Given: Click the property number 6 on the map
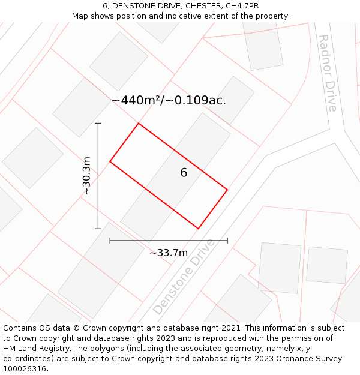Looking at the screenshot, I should [184, 173].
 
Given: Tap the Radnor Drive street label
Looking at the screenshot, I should [327, 73].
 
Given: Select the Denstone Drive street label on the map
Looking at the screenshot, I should [184, 277].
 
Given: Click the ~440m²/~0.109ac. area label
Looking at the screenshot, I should [169, 100].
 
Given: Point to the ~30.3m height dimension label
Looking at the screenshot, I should [86, 176].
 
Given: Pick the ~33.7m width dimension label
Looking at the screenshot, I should [169, 253].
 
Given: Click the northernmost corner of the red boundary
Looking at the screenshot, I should [139, 124].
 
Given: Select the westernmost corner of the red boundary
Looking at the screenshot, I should [110, 161].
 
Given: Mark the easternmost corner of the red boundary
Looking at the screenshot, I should [227, 190].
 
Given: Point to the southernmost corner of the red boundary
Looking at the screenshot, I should [199, 228].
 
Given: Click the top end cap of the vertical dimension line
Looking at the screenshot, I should [98, 124].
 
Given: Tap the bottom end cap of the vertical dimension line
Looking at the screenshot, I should [98, 229].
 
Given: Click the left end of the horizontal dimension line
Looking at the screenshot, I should [110, 241].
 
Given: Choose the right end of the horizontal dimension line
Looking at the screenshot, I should [227, 241].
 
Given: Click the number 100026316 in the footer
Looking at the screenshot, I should [25, 369].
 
